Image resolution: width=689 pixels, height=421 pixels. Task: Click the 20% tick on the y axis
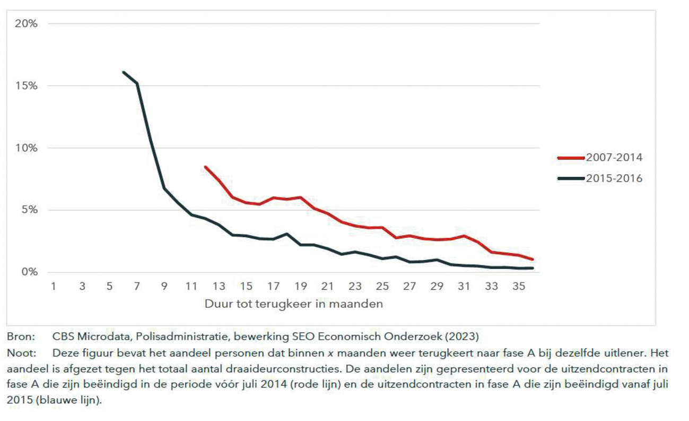pos(27,24)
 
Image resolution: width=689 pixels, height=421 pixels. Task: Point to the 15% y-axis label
pos(27,86)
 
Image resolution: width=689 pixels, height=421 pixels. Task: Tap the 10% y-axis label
pos(27,148)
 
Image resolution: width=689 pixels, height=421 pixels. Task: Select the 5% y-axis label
pos(29,210)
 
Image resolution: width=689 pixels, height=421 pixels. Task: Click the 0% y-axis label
pos(29,272)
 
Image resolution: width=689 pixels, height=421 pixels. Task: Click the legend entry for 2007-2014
pos(614,158)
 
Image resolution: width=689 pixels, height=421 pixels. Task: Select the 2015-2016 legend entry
pos(614,178)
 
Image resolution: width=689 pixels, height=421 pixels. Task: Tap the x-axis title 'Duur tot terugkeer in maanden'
pos(294,304)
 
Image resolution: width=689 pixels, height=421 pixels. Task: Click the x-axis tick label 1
pos(54,287)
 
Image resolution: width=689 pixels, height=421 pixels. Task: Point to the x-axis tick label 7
pos(136,287)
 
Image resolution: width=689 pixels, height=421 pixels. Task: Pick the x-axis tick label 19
pos(300,287)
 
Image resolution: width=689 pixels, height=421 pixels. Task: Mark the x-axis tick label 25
pos(382,287)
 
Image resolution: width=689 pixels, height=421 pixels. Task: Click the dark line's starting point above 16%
pos(123,72)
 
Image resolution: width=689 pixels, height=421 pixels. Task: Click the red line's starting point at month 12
pos(205,167)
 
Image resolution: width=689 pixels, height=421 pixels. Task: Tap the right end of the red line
pos(532,260)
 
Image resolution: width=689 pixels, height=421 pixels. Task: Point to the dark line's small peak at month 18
pos(286,234)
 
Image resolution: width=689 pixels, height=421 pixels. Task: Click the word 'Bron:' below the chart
pos(21,337)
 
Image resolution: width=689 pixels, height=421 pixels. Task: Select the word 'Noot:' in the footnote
pos(21,353)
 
